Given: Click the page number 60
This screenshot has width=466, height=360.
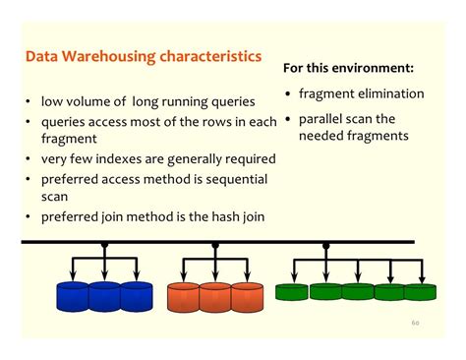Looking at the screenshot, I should [x=416, y=322].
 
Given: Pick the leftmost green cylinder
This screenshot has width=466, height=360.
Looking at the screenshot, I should [x=291, y=292].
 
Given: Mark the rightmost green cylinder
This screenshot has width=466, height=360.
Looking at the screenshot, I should [x=420, y=292].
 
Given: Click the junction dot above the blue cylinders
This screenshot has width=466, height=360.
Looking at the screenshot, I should [x=104, y=245].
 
